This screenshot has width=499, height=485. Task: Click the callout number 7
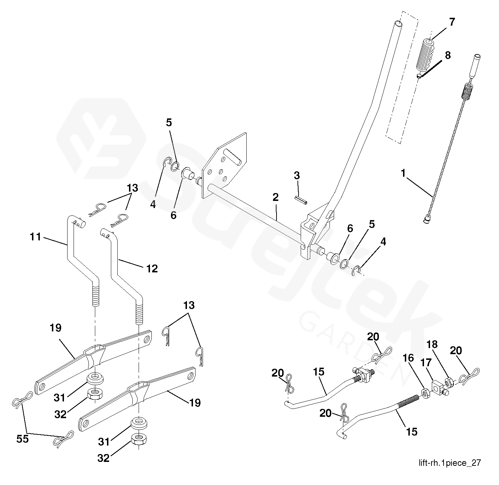click(452, 22)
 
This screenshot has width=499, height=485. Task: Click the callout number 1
click(403, 174)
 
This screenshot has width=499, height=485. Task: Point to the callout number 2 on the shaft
click(275, 197)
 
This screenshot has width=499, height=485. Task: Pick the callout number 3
click(297, 175)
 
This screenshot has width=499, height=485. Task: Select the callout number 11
click(36, 236)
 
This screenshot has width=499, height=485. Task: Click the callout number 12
click(152, 268)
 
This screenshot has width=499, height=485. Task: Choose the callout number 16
click(408, 358)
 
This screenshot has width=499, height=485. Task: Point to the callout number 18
click(432, 345)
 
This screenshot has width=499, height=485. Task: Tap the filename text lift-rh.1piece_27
click(450, 463)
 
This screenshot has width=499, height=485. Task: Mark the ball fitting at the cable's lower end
click(426, 222)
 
